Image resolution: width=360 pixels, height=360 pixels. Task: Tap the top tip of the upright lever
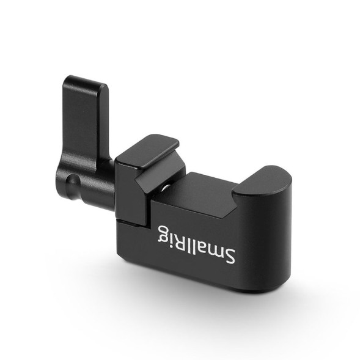[85, 79]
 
